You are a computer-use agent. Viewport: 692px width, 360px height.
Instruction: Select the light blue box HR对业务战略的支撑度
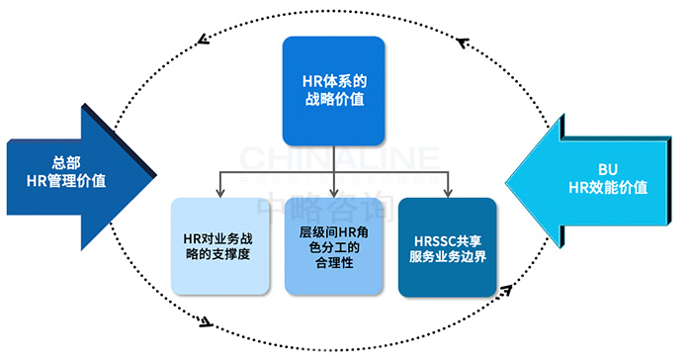click(219, 246)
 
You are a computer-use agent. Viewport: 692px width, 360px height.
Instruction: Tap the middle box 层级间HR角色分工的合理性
click(333, 246)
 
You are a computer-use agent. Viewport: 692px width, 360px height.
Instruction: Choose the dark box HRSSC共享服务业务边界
click(447, 246)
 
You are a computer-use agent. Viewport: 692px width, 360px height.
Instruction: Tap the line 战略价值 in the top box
click(332, 101)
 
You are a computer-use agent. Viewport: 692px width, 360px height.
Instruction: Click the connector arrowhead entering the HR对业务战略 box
click(219, 192)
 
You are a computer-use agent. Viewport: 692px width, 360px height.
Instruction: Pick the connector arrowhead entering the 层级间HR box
click(333, 192)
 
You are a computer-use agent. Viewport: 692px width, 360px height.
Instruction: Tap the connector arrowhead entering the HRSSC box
click(447, 192)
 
